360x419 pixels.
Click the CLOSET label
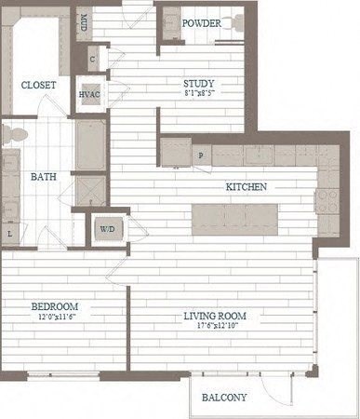pos(37,85)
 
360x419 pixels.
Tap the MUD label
pos(83,21)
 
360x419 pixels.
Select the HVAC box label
pos(90,93)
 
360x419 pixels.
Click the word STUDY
pos(200,83)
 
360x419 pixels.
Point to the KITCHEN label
pos(247,187)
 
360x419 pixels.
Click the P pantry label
pos(200,155)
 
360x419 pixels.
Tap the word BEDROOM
pos(54,306)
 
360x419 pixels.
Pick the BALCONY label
pos(224,398)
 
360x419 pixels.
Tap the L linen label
pos(9,235)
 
